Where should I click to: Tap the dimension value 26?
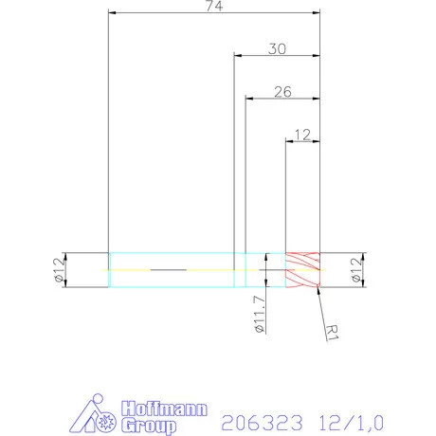click(x=282, y=91)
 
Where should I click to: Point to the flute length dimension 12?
click(x=303, y=135)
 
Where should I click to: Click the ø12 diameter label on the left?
click(x=58, y=271)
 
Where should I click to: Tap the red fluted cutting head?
click(x=303, y=269)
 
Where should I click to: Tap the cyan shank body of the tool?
click(x=171, y=269)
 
